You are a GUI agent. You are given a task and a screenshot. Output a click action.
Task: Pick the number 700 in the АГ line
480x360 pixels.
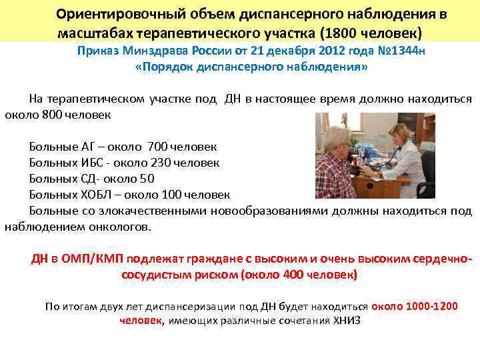tap(158, 146)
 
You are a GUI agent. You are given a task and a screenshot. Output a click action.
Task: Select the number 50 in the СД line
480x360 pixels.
tap(147, 178)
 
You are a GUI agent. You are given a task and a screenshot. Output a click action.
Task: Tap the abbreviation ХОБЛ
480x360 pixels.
tap(93, 195)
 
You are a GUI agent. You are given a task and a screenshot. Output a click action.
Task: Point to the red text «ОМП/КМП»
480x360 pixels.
tap(91, 259)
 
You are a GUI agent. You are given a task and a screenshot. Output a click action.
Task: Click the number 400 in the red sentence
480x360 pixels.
tap(293, 275)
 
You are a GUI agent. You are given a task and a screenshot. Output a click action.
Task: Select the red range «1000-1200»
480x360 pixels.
tap(429, 306)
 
